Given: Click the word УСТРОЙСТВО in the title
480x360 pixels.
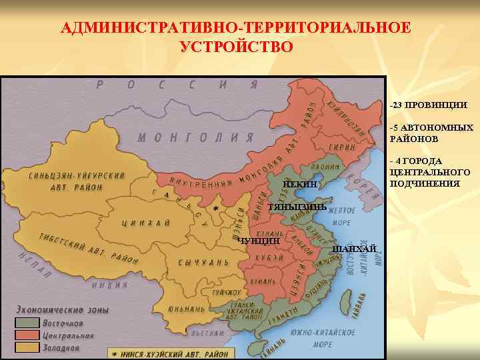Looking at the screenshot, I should (x=236, y=47).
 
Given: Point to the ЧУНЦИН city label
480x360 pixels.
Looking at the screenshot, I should (x=258, y=240).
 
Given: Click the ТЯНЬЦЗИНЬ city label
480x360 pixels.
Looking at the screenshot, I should (x=297, y=207).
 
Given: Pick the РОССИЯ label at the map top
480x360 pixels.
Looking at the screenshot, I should (x=177, y=85).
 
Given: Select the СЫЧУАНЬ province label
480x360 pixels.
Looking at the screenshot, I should (x=203, y=262).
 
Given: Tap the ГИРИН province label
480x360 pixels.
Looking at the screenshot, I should (x=340, y=147).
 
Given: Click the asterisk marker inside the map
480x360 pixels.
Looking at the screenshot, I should (x=215, y=209).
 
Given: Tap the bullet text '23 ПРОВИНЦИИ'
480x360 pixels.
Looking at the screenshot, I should (x=430, y=105).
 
